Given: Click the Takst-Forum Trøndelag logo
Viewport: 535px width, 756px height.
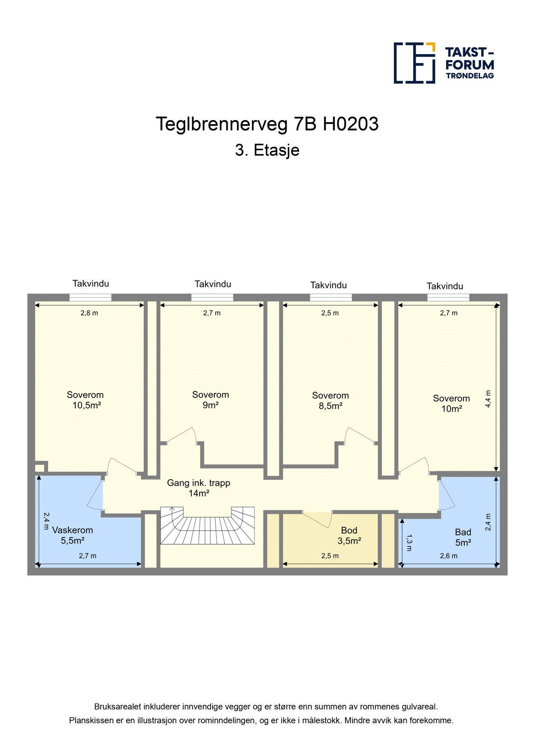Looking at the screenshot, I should pyautogui.click(x=444, y=63).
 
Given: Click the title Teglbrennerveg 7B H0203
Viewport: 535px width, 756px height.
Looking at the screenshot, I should pyautogui.click(x=267, y=124).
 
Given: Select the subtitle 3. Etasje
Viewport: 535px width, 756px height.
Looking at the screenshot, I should pyautogui.click(x=267, y=150).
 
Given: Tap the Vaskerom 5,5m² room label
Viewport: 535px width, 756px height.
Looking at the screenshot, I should pyautogui.click(x=72, y=535).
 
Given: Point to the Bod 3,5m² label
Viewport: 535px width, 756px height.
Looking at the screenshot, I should pyautogui.click(x=349, y=535).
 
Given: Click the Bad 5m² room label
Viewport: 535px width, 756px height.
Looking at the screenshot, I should pyautogui.click(x=463, y=538).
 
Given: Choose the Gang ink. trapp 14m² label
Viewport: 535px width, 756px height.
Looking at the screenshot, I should pyautogui.click(x=198, y=488).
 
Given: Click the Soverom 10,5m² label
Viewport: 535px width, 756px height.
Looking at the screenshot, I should pyautogui.click(x=85, y=400).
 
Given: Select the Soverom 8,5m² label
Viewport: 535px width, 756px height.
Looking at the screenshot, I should pyautogui.click(x=330, y=401).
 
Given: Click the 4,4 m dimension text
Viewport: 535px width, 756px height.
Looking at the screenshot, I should pyautogui.click(x=488, y=399).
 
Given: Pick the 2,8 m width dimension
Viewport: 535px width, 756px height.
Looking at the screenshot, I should pyautogui.click(x=89, y=313).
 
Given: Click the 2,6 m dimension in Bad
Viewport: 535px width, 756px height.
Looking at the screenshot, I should pyautogui.click(x=448, y=556).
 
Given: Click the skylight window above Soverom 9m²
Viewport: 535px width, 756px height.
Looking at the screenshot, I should pyautogui.click(x=212, y=297).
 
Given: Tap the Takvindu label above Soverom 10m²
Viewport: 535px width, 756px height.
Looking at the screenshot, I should pyautogui.click(x=445, y=286).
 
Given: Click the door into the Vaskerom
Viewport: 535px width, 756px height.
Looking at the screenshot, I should pyautogui.click(x=96, y=495).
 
